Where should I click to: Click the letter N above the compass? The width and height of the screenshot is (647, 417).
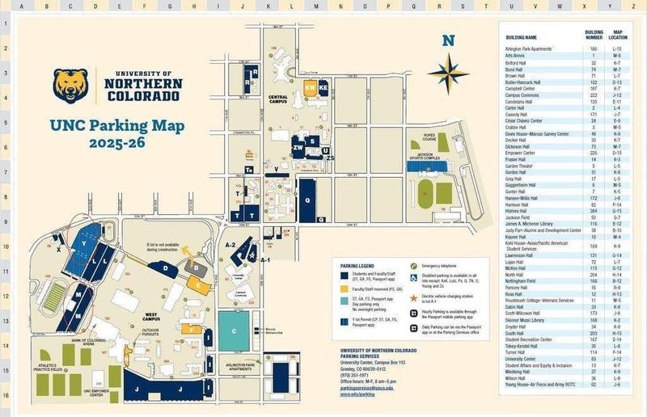[448, 41]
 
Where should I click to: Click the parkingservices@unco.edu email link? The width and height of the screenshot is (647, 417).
[364, 389]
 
